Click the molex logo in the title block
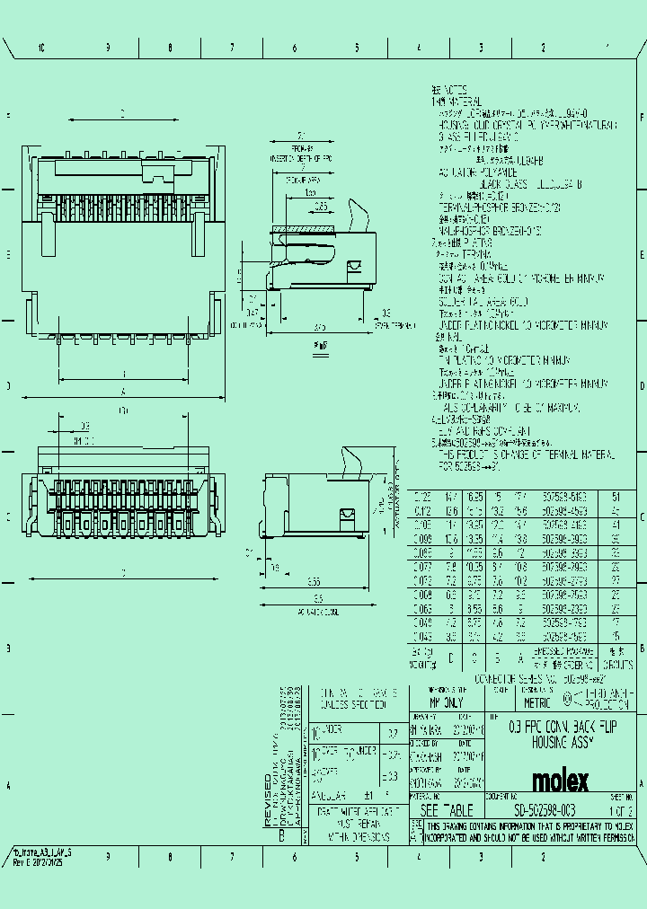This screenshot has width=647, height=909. point(561,780)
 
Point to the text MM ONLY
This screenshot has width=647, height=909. point(447,703)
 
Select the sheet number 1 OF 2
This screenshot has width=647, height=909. point(621,811)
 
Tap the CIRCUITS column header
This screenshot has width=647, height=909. point(617,657)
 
